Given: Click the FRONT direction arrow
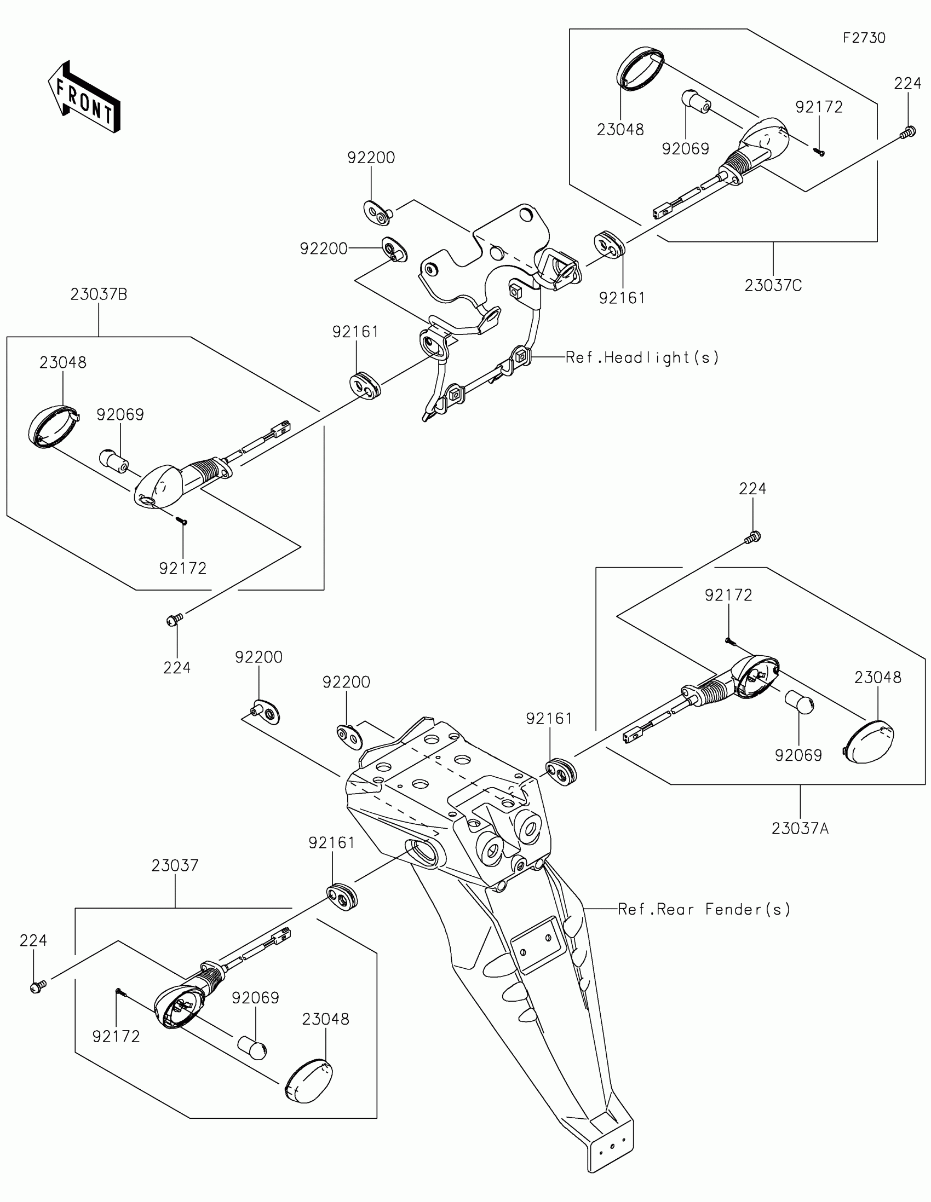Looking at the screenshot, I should (x=84, y=97).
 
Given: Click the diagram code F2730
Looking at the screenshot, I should (x=864, y=38).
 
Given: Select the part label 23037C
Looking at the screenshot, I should (x=773, y=286).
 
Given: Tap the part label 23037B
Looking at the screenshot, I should (x=99, y=294).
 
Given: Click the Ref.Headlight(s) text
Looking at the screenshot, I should (x=642, y=358).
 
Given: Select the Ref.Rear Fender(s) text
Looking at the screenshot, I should (x=704, y=909).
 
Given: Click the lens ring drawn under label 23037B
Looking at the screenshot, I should (x=54, y=426).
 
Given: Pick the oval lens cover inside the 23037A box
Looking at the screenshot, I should (x=869, y=741).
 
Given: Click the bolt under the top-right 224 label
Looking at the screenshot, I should (x=908, y=132).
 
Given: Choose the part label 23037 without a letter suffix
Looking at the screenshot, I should (x=175, y=865).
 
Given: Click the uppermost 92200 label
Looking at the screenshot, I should (x=371, y=158).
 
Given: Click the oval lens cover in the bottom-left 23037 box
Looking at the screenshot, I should (x=309, y=1081).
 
